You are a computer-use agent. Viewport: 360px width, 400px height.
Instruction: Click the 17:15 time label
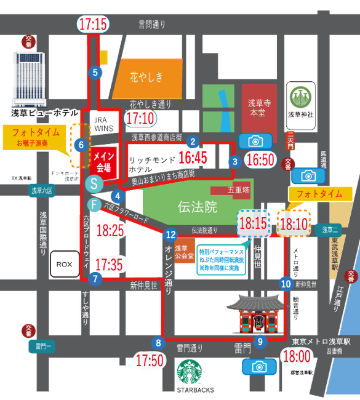(93, 25)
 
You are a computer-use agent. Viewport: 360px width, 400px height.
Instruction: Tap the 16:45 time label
(193, 158)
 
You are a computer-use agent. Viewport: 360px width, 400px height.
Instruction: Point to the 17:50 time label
(150, 359)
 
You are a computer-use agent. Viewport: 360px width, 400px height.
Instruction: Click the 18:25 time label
(111, 231)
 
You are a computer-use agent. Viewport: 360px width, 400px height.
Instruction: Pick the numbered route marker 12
(171, 234)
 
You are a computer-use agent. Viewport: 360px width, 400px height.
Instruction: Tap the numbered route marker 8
(159, 343)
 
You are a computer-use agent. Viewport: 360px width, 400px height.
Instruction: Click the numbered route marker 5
(95, 73)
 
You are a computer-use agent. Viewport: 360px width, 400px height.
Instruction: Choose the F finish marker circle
(94, 204)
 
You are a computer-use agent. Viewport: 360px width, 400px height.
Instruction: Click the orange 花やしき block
(148, 78)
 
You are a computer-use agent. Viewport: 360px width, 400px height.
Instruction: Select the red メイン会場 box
(103, 160)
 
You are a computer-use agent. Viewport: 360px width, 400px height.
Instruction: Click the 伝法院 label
(197, 207)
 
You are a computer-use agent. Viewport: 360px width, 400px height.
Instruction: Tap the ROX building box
(63, 263)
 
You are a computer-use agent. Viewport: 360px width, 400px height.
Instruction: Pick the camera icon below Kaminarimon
(257, 367)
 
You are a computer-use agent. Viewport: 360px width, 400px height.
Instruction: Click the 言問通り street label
(152, 25)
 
